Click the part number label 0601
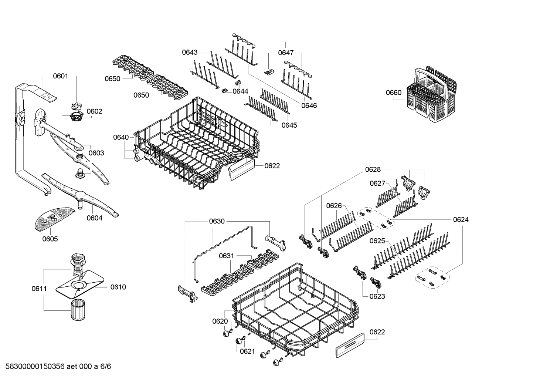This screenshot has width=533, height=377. click(x=60, y=76)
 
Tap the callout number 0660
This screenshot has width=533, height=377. click(x=393, y=92)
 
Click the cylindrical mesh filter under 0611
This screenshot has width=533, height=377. click(x=78, y=309)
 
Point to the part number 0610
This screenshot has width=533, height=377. click(x=118, y=287)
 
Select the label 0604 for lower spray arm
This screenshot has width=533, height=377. click(x=94, y=218)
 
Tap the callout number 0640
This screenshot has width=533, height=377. click(x=120, y=138)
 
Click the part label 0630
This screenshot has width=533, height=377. click(x=217, y=221)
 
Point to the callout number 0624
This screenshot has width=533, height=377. click(x=461, y=220)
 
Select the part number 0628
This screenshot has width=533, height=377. click(x=373, y=169)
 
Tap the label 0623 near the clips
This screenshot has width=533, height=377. click(x=377, y=296)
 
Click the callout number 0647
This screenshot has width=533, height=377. click(x=286, y=53)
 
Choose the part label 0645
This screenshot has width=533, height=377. click(x=289, y=125)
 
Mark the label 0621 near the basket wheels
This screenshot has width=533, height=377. click(x=247, y=351)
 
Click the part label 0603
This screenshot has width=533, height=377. click(x=96, y=153)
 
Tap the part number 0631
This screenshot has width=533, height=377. click(x=226, y=256)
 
